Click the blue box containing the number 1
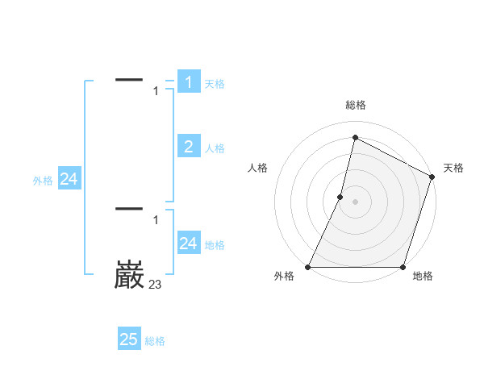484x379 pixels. click(189, 82)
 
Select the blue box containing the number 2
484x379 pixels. click(189, 147)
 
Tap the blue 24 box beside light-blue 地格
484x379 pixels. click(189, 244)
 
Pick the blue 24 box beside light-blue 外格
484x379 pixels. click(69, 180)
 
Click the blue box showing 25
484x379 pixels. click(129, 339)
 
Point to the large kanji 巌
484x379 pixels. click(129, 276)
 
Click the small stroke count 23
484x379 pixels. click(155, 284)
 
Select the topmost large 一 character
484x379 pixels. click(129, 79)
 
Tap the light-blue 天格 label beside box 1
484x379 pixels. click(215, 84)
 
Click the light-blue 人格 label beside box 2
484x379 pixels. click(215, 148)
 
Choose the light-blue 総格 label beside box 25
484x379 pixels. click(155, 341)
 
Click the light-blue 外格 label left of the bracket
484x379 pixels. click(43, 181)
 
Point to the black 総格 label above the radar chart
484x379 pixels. click(356, 105)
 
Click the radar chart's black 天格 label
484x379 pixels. click(453, 168)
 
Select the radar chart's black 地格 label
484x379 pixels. click(423, 277)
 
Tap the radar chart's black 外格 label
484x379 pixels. click(284, 277)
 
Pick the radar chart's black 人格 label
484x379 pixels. click(257, 168)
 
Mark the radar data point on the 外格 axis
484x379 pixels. click(308, 267)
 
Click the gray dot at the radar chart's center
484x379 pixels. click(355, 201)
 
